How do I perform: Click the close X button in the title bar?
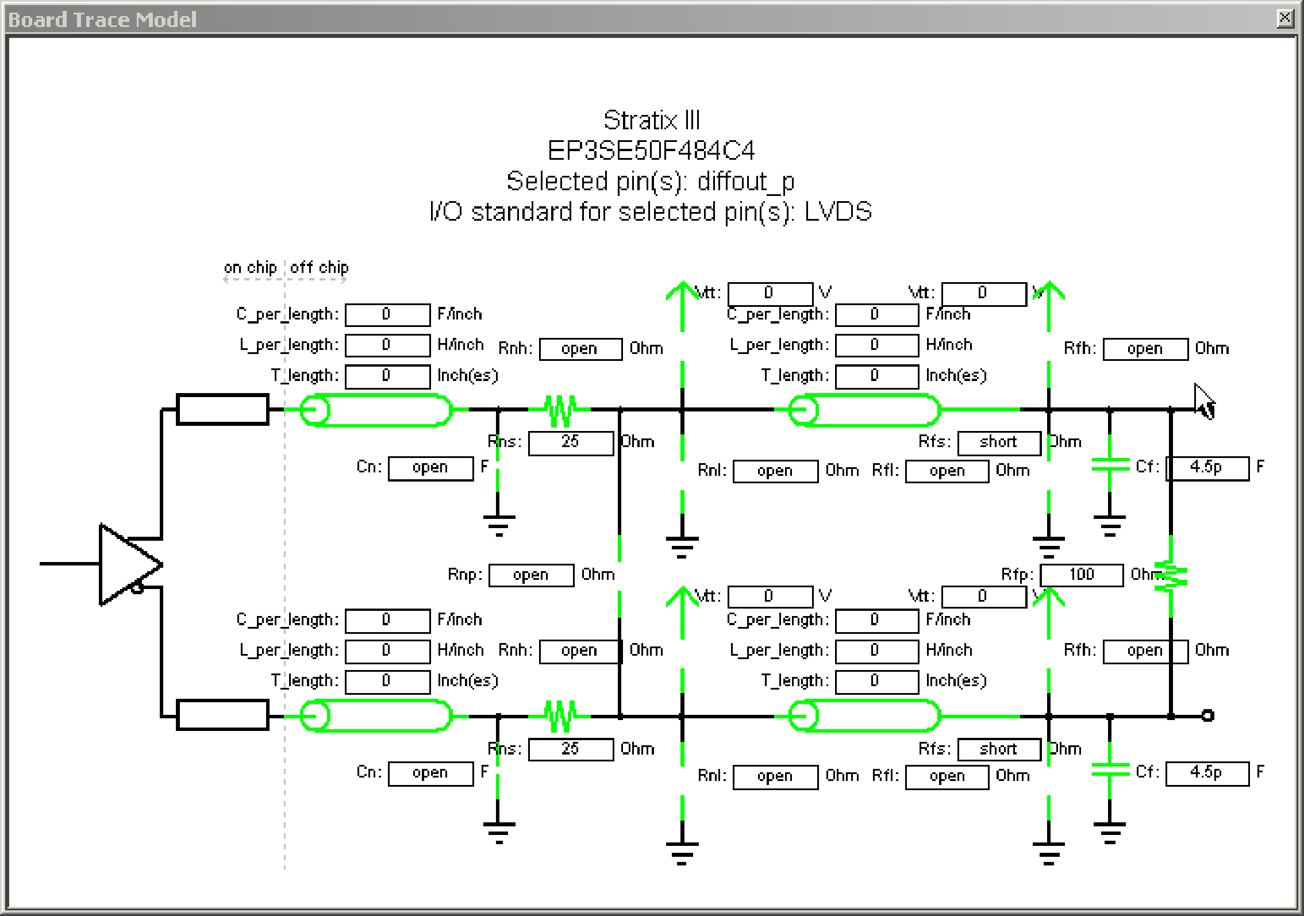[1285, 18]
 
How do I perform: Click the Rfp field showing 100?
[1082, 575]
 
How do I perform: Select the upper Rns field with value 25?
[571, 442]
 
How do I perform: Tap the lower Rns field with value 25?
[571, 749]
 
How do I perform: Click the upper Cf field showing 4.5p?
[1207, 468]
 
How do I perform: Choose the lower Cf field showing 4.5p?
[1207, 773]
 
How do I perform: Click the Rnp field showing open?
[531, 575]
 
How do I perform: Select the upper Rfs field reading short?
[999, 442]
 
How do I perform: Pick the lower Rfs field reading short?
[999, 749]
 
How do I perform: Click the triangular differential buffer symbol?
[126, 564]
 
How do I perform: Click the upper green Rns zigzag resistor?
[560, 410]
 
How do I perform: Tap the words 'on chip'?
[250, 268]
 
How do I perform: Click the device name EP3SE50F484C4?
[651, 151]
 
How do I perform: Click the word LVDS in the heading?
[838, 211]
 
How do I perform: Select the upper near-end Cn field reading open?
[430, 468]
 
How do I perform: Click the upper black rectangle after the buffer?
[222, 409]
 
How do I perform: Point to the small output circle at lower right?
[1207, 715]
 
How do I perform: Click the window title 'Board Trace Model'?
[102, 20]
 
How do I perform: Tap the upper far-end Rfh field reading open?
[1145, 349]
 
